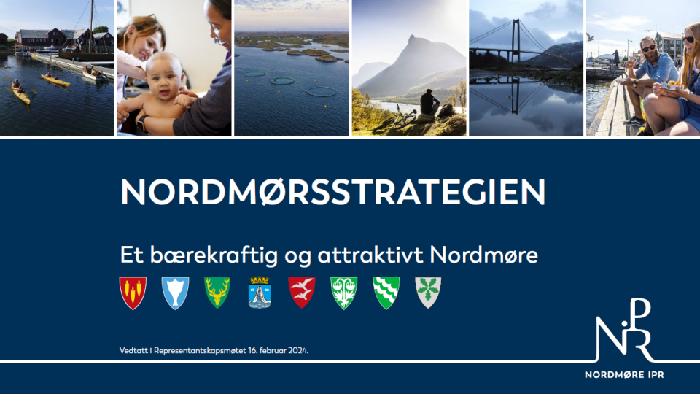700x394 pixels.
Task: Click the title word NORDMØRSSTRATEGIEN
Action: click(x=332, y=192)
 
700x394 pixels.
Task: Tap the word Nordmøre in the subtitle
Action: click(x=483, y=255)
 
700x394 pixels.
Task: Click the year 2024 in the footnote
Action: click(x=297, y=351)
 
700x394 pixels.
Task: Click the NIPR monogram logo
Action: click(x=625, y=330)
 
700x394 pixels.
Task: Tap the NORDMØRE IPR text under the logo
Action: click(x=624, y=375)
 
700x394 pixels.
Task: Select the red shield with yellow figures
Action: click(x=133, y=293)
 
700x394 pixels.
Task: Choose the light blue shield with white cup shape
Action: click(x=175, y=293)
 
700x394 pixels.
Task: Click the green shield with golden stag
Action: click(x=217, y=293)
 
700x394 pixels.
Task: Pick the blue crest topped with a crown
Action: click(x=260, y=293)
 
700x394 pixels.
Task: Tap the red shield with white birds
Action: click(x=302, y=293)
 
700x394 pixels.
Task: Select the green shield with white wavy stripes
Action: click(x=386, y=293)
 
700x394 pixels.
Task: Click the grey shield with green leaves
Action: click(x=428, y=293)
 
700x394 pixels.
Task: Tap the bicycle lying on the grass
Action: click(x=395, y=119)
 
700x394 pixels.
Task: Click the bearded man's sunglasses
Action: click(x=649, y=48)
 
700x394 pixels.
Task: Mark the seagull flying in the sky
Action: click(x=590, y=37)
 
